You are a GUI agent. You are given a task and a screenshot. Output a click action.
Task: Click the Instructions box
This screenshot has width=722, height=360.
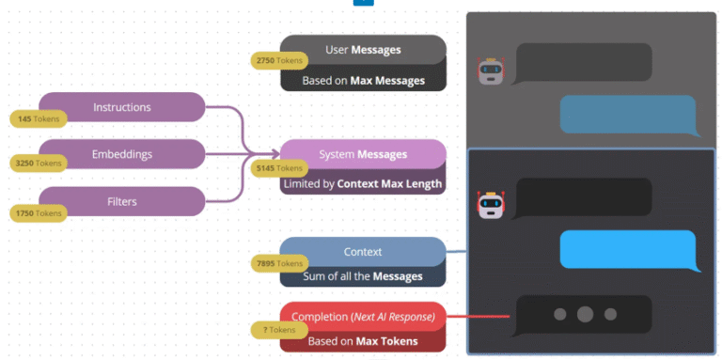[122, 106]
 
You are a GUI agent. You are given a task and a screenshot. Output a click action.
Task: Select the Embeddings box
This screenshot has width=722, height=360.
[122, 153]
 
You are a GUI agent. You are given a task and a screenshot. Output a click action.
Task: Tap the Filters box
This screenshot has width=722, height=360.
[122, 200]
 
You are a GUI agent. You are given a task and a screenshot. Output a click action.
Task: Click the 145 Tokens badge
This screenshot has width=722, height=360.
[38, 119]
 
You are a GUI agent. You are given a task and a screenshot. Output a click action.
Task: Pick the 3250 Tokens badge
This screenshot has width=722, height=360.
[38, 164]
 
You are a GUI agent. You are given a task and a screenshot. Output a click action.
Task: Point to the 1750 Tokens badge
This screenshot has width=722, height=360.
[38, 213]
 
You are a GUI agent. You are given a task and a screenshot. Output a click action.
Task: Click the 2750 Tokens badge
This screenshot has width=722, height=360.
[280, 61]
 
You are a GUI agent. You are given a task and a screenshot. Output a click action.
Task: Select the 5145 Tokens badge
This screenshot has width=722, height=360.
[280, 168]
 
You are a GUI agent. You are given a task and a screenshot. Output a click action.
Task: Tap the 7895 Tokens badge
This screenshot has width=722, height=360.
[280, 264]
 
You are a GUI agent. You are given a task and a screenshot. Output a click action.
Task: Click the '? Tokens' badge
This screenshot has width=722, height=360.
[279, 330]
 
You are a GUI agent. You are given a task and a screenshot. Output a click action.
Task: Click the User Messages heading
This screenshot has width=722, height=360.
[363, 49]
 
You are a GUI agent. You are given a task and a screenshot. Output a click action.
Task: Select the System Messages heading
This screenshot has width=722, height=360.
[363, 154]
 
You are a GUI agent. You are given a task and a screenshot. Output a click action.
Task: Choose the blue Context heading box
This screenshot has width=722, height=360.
[363, 251]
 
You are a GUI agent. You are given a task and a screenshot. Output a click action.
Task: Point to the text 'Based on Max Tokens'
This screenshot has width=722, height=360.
[363, 340]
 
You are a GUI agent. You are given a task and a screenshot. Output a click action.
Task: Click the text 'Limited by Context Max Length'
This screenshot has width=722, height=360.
[363, 183]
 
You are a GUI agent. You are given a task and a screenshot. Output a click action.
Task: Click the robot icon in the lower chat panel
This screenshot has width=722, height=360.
[487, 204]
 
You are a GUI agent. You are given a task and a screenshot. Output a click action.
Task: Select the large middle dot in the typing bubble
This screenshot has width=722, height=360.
[584, 314]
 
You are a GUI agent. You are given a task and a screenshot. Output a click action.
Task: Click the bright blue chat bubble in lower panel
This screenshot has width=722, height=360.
[628, 249]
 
